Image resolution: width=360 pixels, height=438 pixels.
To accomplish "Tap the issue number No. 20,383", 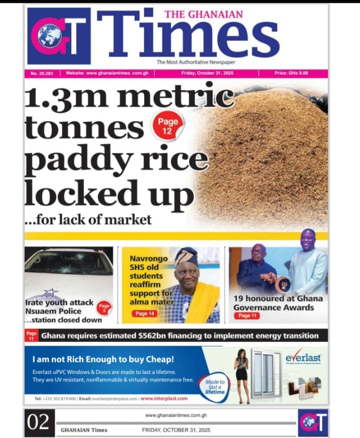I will [x=42, y=73].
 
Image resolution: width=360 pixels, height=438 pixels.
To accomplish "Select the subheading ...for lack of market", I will [x=88, y=219].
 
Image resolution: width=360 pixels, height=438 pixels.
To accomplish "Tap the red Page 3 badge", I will [x=104, y=307].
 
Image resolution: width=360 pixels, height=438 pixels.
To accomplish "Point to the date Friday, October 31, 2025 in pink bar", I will [x=207, y=73].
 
